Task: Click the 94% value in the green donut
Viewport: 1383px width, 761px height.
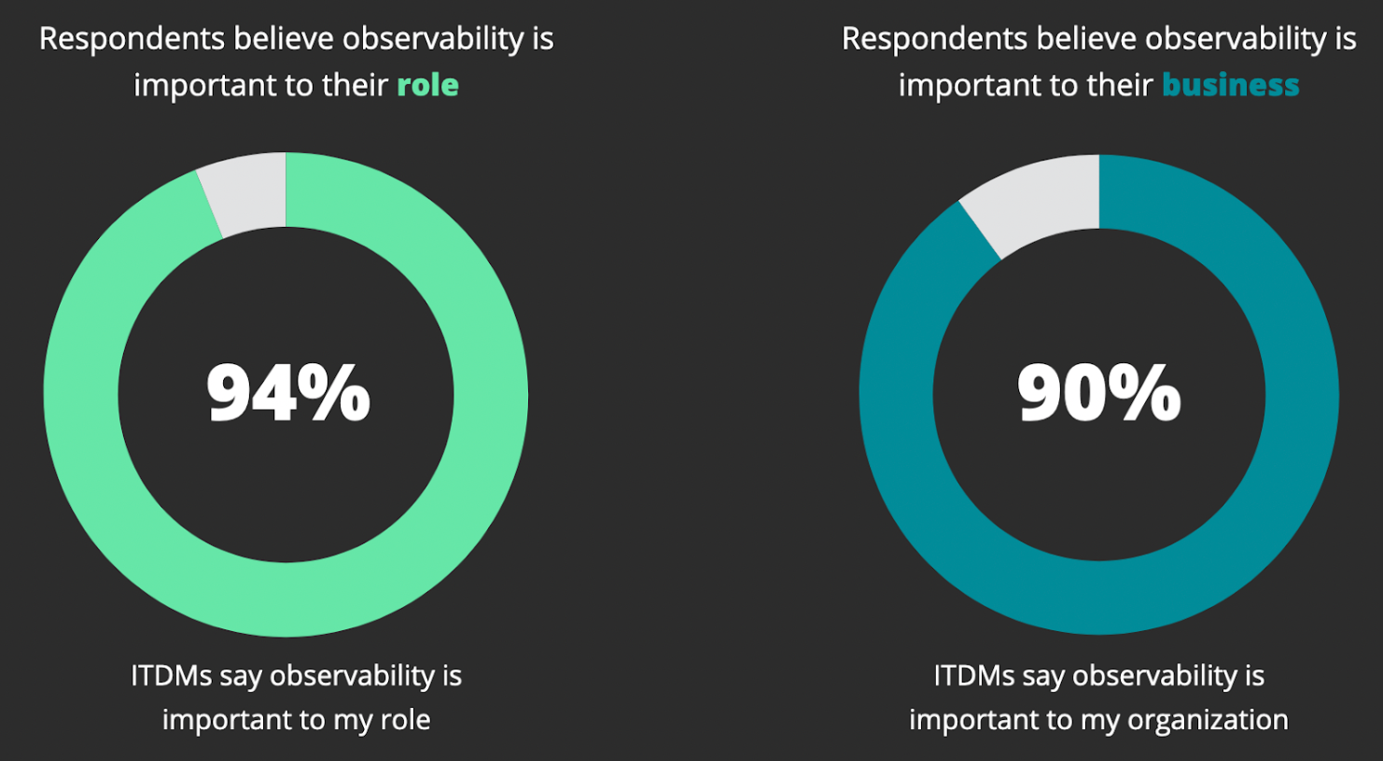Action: coord(288,394)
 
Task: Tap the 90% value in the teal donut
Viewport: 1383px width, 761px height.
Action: coord(1098,394)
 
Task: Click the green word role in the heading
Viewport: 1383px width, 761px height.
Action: coord(427,86)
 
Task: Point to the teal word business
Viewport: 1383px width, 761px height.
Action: coord(1230,86)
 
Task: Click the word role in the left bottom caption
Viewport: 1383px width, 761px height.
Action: coord(406,720)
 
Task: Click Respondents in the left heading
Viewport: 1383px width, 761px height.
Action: coord(132,39)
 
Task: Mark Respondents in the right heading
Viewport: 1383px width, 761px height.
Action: coord(934,39)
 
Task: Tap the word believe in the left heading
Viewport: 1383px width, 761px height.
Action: coord(284,39)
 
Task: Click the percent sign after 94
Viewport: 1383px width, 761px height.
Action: coord(340,394)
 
